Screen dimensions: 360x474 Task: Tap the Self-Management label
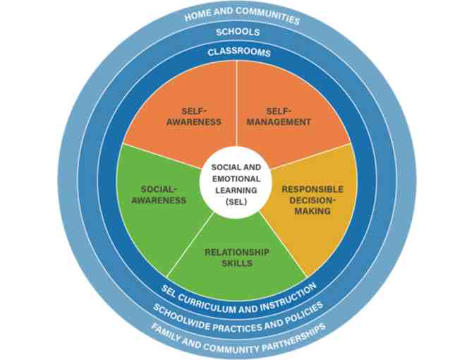click(288, 116)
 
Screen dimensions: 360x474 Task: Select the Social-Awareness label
click(163, 195)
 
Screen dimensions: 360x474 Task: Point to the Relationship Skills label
click(237, 258)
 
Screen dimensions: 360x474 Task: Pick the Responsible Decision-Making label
click(312, 200)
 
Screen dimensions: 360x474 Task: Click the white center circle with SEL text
click(236, 184)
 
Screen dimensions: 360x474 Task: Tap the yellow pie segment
click(317, 226)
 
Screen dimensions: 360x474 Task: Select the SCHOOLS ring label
click(237, 32)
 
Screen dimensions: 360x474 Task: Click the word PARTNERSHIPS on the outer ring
click(292, 334)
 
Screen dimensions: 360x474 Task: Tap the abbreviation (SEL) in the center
click(236, 201)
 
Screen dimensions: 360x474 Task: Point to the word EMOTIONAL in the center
click(236, 179)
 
